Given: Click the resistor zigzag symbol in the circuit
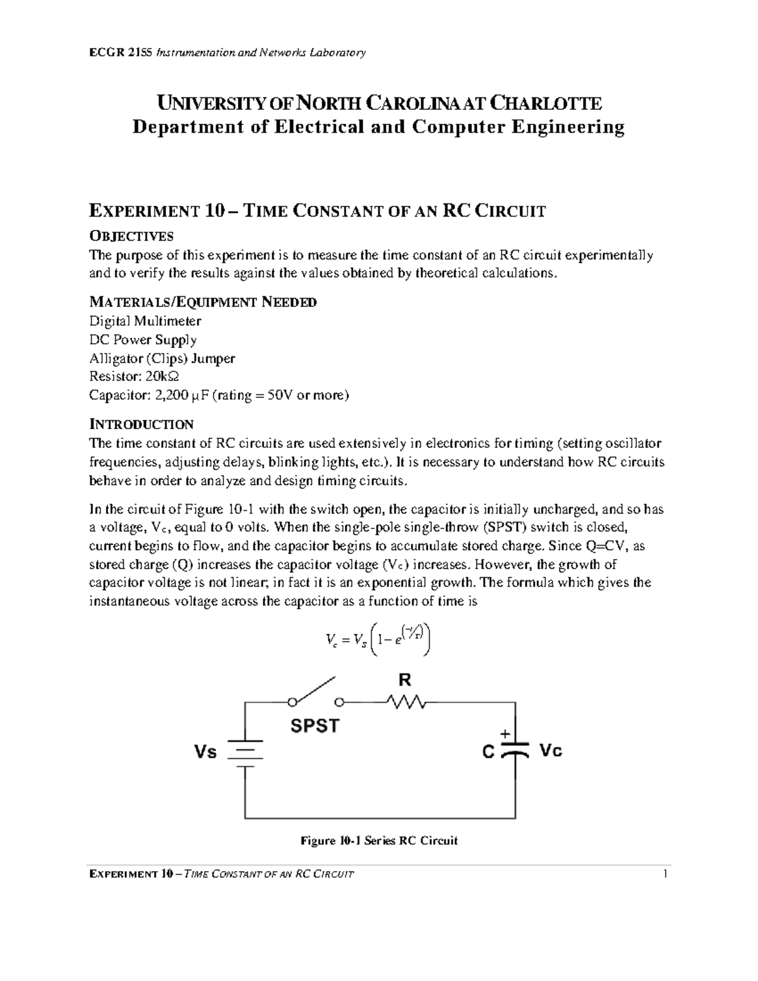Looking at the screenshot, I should point(408,701).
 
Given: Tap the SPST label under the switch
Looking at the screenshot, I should point(315,726).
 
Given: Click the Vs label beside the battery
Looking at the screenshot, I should point(205,752).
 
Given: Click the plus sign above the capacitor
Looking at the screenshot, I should point(505,734).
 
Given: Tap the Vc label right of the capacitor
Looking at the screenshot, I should point(550,751).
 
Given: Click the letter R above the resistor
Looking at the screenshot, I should point(404,680).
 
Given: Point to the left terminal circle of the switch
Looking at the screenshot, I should point(291,702).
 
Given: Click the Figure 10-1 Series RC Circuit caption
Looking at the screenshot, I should point(379,841).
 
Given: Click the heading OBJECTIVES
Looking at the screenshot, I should point(131,236).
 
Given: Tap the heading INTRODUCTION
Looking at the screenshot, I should point(141,424).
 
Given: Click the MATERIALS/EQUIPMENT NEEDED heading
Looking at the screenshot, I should point(203,302).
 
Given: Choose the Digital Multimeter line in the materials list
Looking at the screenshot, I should point(145,321).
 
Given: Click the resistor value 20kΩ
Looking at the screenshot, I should point(162,377).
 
